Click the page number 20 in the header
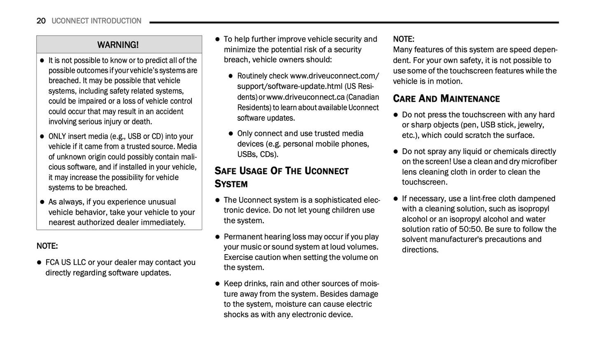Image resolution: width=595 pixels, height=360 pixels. coord(41,21)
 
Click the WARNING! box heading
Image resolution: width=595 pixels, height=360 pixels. coord(118,44)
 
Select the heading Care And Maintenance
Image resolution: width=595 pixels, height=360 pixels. coord(446,98)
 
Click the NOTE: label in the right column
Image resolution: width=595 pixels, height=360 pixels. coord(404,39)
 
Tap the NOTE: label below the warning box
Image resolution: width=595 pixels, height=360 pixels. coord(47,246)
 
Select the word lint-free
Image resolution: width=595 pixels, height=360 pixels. coord(480,199)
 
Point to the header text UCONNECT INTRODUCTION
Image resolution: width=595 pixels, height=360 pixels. coord(96,21)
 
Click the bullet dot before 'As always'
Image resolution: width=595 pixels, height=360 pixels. coord(42,202)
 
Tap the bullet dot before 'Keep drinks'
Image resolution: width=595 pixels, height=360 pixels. coord(217,284)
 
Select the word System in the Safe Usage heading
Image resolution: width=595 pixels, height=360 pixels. coord(231,184)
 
